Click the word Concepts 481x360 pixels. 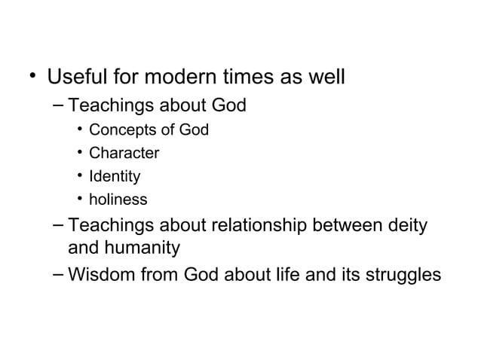click(120, 130)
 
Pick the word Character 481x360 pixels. click(124, 154)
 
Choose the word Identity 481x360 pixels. click(115, 177)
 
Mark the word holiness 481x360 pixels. click(118, 200)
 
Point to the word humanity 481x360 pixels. click(142, 248)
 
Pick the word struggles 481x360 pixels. click(401, 275)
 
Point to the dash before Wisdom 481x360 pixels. click(59, 274)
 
